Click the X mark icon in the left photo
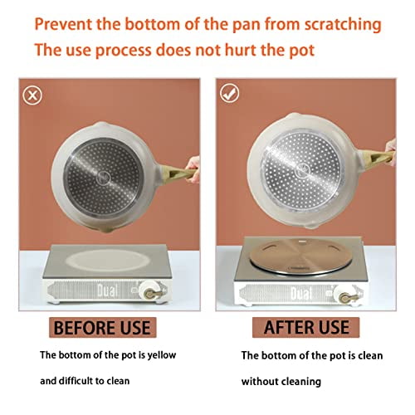tap(33, 95)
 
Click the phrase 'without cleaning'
tap(282, 384)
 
